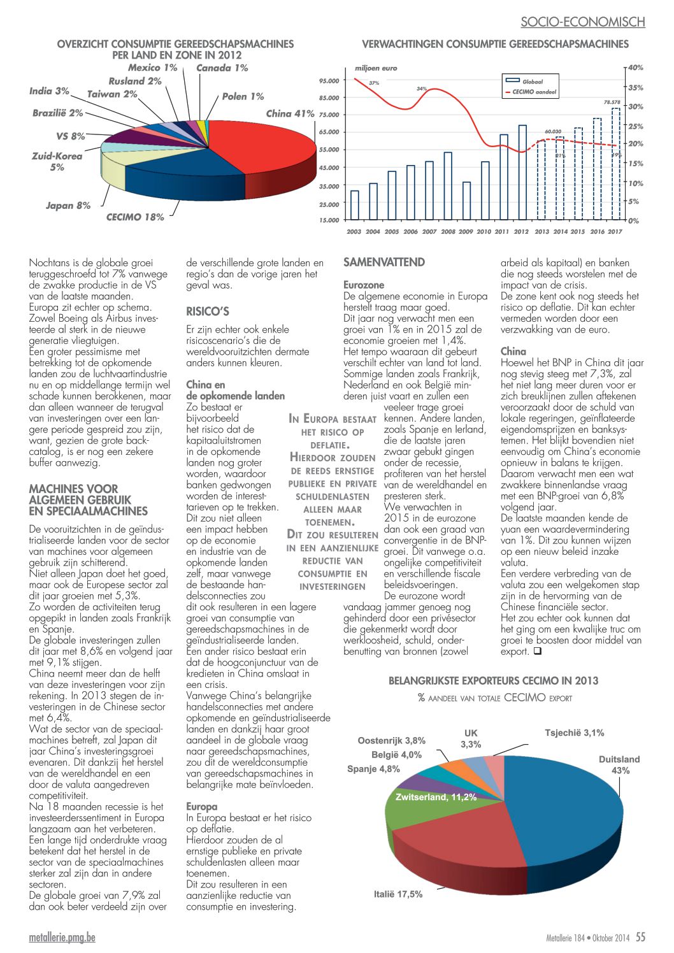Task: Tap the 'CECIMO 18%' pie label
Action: [x=135, y=217]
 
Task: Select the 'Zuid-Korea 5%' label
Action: [x=57, y=162]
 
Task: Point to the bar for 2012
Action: [x=522, y=172]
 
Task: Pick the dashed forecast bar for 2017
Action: [x=615, y=164]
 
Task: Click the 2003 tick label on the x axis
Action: [x=354, y=232]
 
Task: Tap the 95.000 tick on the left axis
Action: [x=329, y=80]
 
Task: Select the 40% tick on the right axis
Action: [x=636, y=68]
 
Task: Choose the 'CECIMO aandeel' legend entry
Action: [x=530, y=92]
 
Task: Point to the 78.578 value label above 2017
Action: [x=612, y=102]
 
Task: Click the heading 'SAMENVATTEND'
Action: [x=384, y=262]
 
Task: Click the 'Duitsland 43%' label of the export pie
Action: [x=619, y=764]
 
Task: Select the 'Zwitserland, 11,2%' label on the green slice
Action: [x=436, y=797]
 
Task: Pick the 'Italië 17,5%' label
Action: [x=398, y=894]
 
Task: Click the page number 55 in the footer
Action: [x=640, y=936]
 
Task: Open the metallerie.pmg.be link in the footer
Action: [x=62, y=937]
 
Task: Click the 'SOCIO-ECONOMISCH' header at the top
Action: [x=583, y=22]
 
